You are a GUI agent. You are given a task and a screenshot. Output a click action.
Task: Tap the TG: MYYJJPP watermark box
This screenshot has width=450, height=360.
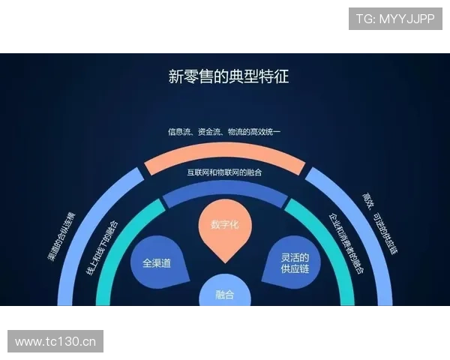(x=395, y=19)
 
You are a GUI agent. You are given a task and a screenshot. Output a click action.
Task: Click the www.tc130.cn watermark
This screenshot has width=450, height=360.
(x=56, y=342)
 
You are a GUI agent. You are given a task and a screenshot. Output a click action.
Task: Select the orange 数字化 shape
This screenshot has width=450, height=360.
(x=225, y=229)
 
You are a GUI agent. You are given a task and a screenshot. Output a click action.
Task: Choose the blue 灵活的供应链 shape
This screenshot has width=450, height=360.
(x=289, y=263)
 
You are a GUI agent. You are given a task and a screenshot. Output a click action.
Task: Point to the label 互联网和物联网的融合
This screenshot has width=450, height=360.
(x=225, y=172)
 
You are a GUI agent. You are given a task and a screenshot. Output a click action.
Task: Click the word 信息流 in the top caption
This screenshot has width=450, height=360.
(x=178, y=132)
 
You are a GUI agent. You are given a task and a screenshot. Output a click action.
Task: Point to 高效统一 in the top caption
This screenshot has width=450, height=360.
(x=271, y=132)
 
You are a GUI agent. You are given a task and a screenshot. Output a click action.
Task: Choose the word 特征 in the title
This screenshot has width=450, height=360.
(x=274, y=76)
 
